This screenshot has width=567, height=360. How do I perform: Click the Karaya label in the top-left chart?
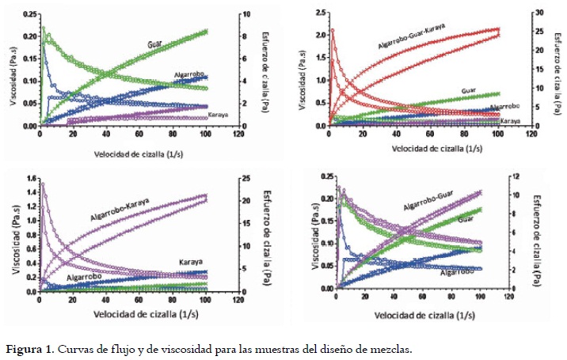(x=219, y=116)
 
